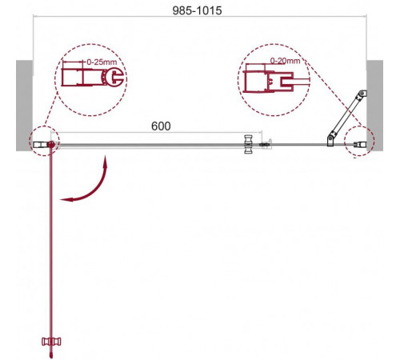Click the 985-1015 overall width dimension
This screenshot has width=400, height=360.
click(197, 10)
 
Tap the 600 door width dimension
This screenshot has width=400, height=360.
click(161, 126)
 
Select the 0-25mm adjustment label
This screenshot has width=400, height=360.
click(102, 62)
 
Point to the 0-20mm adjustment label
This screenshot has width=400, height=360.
click(285, 61)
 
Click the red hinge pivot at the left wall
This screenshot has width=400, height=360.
click(51, 145)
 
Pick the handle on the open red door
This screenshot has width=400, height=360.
click(51, 342)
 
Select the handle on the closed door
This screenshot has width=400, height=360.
click(248, 144)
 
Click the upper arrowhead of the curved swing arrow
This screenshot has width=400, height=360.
click(106, 161)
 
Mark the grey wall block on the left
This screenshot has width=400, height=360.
click(25, 106)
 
